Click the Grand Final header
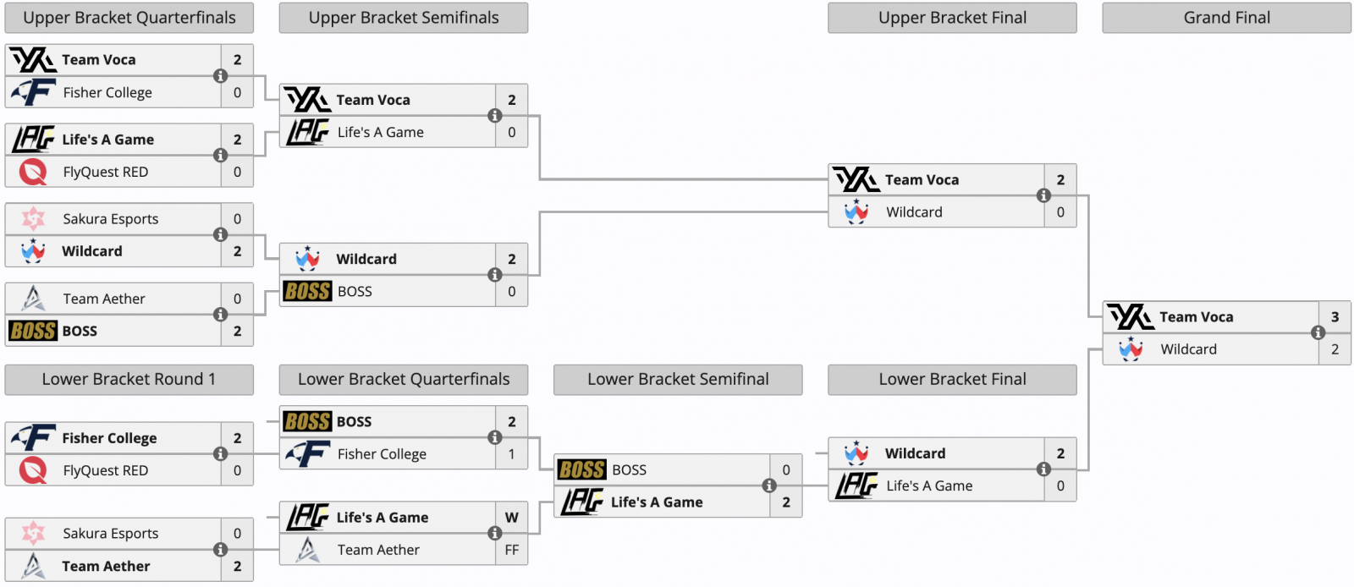click(x=1226, y=18)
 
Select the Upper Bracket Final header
click(x=952, y=18)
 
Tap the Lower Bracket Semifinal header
click(x=678, y=380)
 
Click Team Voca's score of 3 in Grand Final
click(x=1335, y=317)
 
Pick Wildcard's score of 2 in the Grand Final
click(x=1335, y=349)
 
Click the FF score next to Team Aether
click(x=511, y=550)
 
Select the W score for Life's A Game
click(x=511, y=518)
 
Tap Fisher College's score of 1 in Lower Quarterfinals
click(x=511, y=454)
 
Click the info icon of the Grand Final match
click(x=1318, y=333)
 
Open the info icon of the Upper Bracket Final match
click(x=1043, y=195)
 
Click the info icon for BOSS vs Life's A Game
click(x=769, y=486)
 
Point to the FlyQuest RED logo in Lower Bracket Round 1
click(x=33, y=470)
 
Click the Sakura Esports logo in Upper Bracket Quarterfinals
click(x=33, y=219)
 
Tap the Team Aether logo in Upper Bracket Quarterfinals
click(x=33, y=299)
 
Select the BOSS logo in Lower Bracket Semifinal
click(x=582, y=469)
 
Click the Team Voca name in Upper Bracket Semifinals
click(x=373, y=100)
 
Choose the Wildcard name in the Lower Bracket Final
click(x=915, y=453)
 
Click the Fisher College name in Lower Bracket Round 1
click(x=109, y=438)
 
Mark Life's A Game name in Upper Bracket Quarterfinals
click(x=107, y=140)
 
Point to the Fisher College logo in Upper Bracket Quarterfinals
click(x=33, y=92)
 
